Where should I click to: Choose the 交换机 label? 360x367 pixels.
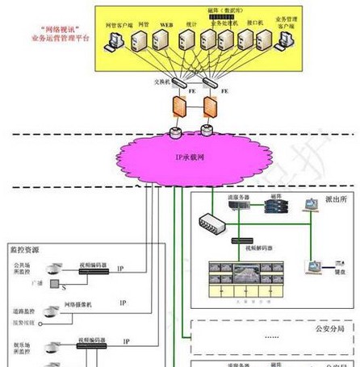(165, 81)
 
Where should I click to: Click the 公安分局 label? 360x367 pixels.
(330, 328)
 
